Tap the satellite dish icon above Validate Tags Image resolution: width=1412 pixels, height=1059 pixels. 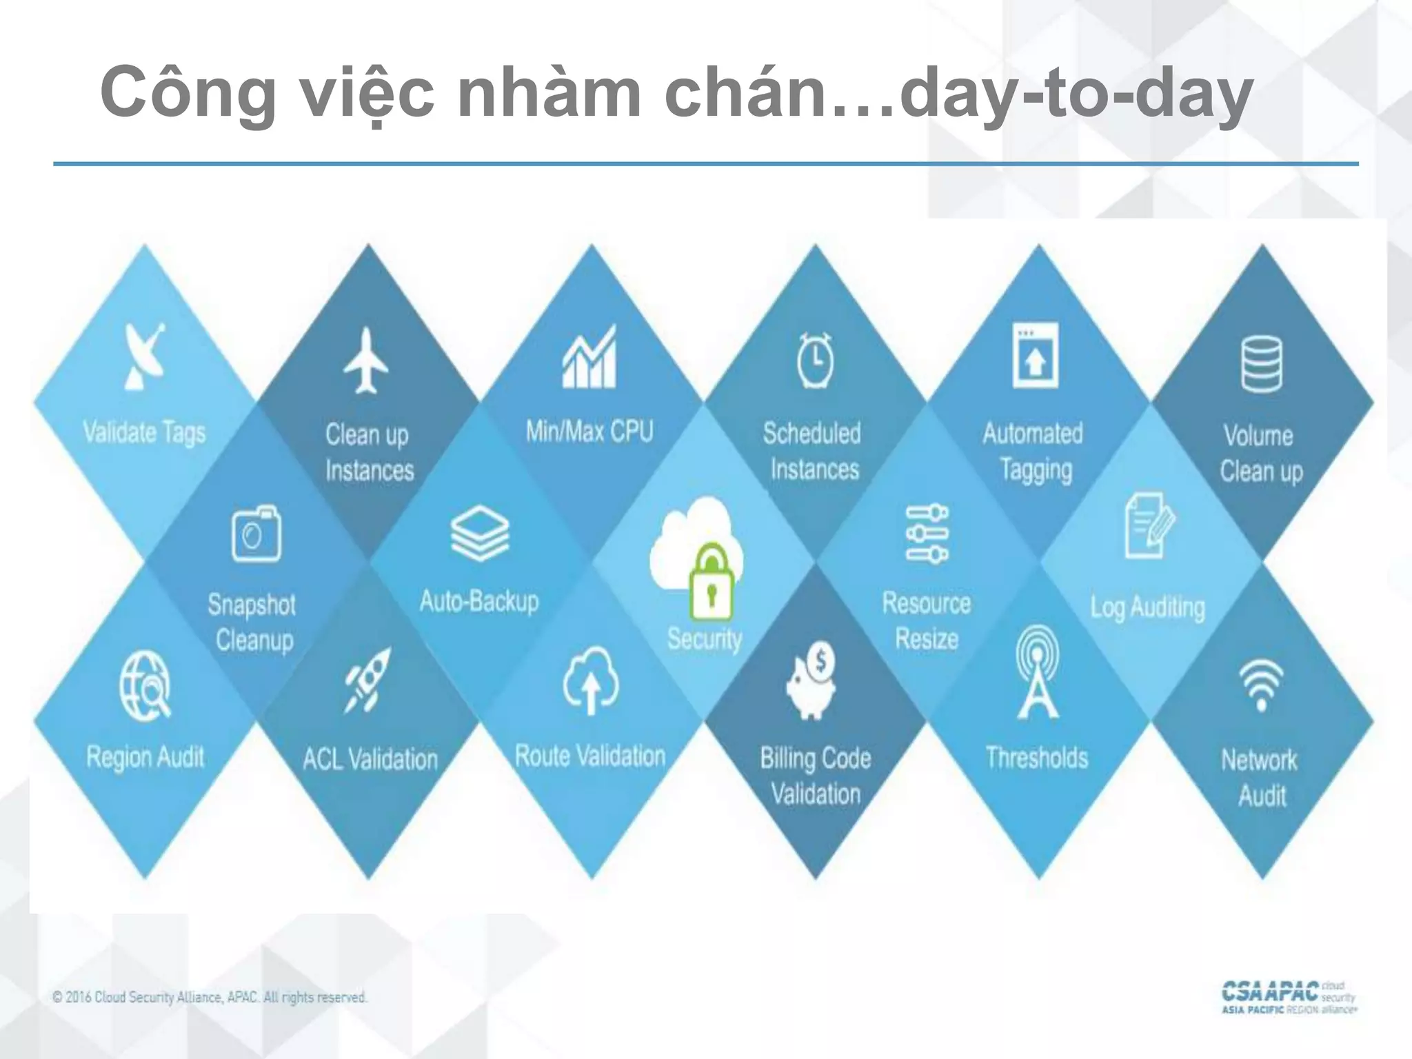pos(145,356)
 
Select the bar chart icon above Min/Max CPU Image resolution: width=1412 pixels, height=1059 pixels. pos(589,357)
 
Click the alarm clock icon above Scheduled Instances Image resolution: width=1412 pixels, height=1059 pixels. pos(815,360)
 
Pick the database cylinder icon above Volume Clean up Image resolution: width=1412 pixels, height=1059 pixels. pos(1262,363)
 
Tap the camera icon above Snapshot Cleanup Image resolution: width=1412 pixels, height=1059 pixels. pos(256,534)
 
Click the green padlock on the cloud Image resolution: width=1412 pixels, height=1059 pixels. pos(712,583)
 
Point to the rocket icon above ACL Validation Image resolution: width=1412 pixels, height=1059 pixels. pos(367,679)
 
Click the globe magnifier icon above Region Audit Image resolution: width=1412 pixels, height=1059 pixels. pos(145,686)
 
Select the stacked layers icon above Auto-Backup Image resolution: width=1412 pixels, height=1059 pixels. pos(480,532)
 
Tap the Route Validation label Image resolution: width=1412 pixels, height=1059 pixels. pos(590,756)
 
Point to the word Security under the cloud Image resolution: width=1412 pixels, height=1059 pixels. pos(705,638)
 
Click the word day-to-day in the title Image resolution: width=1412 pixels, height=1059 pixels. pos(1076,93)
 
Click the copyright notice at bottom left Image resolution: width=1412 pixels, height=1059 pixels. pos(210,998)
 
